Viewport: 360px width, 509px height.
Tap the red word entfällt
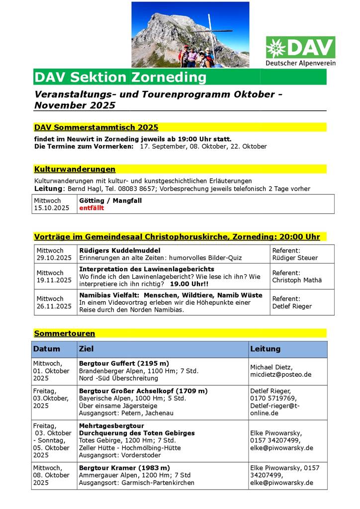pos(91,208)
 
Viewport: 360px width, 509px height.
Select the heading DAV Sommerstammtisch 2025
pos(96,127)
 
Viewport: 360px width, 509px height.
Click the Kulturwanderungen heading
pos(75,170)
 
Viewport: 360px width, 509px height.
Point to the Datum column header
pos(47,349)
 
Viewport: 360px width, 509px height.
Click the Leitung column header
pos(265,349)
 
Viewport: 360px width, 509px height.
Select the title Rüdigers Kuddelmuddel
pos(120,250)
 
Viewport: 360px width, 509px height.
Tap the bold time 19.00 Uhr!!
pos(189,284)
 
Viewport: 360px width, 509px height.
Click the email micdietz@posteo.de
pos(280,374)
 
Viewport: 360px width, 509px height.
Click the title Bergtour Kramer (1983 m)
pos(124,468)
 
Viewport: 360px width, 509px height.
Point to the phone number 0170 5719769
pos(273,398)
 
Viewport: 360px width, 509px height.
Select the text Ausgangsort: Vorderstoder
pos(120,455)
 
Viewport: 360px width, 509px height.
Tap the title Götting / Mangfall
pos(110,200)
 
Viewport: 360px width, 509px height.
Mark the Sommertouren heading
pos(65,334)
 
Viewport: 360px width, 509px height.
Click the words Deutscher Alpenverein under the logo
pos(300,63)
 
